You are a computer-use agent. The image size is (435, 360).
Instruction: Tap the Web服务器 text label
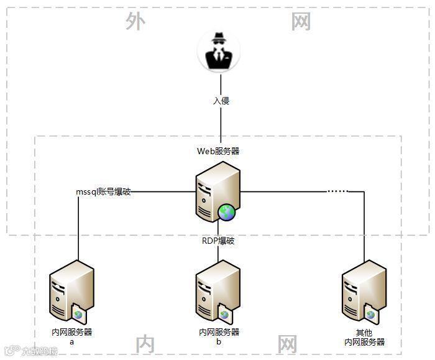pos(218,151)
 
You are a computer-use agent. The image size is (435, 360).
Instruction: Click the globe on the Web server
pos(227,213)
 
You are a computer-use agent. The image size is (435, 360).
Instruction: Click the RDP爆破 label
pos(218,241)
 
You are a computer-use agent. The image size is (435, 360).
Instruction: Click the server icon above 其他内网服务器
pos(364,291)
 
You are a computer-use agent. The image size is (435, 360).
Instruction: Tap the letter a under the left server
pos(71,341)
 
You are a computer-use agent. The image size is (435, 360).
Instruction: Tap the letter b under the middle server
pos(219,341)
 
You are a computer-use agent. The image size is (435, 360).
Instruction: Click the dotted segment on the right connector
pos(338,191)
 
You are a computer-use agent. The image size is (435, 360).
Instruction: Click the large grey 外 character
pos(135,22)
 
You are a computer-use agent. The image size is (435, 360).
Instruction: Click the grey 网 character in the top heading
pos(301,22)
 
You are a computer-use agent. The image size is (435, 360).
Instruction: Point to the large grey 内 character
pos(145,344)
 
